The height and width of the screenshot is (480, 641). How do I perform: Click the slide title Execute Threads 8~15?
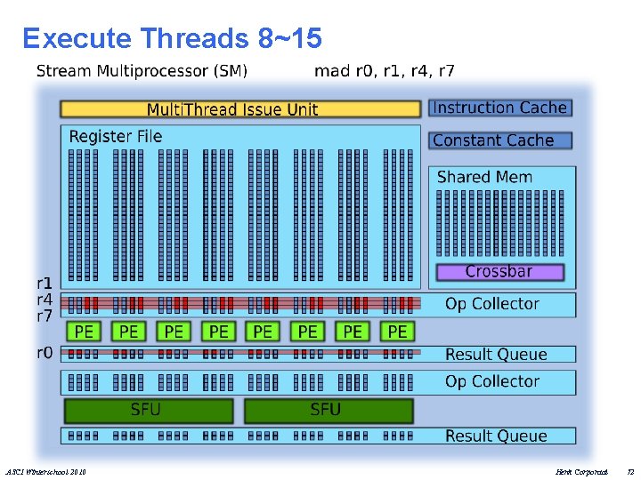click(172, 38)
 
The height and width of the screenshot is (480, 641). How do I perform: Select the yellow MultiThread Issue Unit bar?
click(239, 109)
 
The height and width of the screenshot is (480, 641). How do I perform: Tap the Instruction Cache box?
click(499, 108)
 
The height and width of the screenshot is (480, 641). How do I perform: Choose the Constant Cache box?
click(499, 140)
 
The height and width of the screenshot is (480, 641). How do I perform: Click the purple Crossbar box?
click(499, 271)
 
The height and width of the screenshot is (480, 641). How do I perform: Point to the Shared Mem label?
click(484, 177)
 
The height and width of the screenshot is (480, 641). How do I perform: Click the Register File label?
click(116, 136)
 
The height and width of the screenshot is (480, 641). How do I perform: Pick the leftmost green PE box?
click(85, 332)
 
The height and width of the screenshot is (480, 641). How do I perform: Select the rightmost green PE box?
click(397, 332)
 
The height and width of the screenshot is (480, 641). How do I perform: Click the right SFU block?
click(327, 410)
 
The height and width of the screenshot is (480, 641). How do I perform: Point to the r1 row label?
click(45, 284)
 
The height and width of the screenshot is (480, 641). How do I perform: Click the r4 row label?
click(45, 300)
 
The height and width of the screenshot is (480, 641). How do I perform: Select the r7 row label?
click(45, 316)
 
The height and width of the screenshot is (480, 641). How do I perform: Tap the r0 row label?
click(45, 352)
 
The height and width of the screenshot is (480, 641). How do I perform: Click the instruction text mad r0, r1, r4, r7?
click(385, 70)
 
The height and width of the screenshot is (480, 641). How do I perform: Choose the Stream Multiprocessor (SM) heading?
click(142, 70)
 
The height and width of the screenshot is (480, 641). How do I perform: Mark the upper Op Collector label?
click(492, 304)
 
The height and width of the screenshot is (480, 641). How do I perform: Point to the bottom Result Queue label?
click(496, 436)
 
